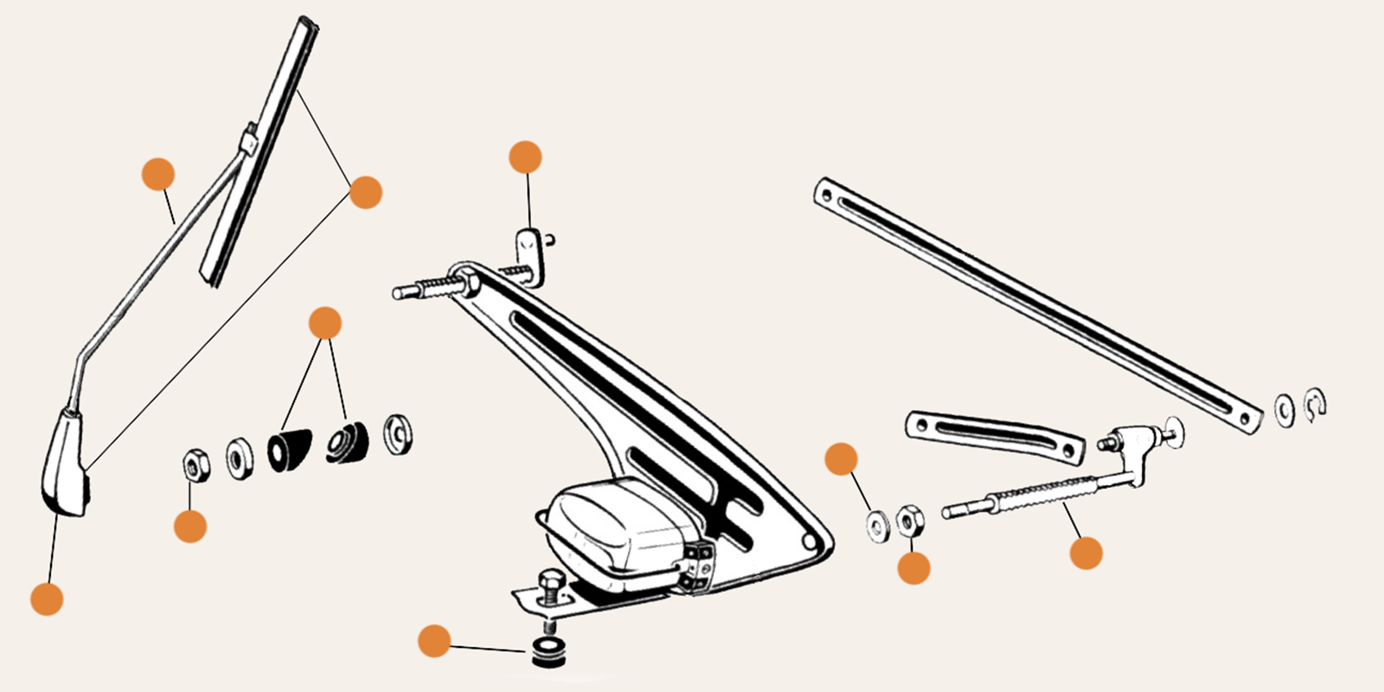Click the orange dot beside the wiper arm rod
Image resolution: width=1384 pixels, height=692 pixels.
coord(158,175)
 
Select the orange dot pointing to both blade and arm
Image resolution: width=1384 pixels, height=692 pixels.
coord(365,192)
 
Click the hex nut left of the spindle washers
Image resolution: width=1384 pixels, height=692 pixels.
coord(195,465)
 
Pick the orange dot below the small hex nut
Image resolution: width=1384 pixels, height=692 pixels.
coord(190,526)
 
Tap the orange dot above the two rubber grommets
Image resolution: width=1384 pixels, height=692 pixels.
coord(325,324)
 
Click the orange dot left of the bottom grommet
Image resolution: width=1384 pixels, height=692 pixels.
coord(434,642)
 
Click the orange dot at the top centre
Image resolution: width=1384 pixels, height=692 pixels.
coord(525,157)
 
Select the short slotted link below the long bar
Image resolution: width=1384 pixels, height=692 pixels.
coord(995,435)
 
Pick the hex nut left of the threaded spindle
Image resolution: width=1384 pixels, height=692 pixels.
coord(910,521)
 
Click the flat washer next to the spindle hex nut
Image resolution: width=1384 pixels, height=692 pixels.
coord(877,525)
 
